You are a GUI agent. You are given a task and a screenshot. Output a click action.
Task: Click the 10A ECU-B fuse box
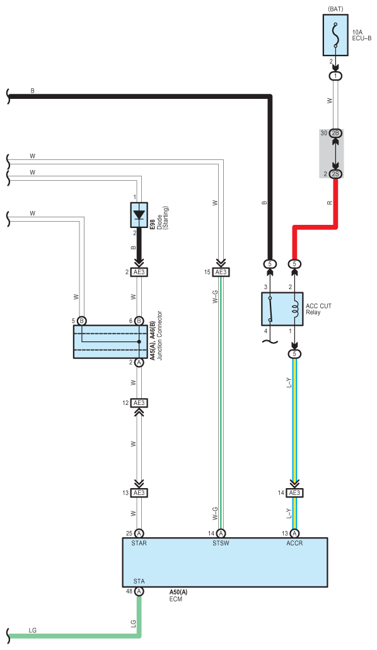coord(335,35)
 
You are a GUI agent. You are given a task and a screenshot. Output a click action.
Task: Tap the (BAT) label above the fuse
coord(335,9)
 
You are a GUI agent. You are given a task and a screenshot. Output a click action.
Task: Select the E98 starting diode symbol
coord(139,215)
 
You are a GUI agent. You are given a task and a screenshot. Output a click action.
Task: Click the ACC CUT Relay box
coord(282,309)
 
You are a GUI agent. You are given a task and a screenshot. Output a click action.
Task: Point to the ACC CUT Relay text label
coord(318,309)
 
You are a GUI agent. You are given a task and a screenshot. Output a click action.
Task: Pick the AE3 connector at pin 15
coord(221,272)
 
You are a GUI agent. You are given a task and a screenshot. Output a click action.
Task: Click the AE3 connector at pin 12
coord(139,403)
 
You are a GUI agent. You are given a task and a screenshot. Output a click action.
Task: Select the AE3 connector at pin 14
coord(294,493)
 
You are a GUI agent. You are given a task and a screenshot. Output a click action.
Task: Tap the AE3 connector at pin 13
coord(139,493)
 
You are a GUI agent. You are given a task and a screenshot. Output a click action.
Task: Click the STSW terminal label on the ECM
coord(221,543)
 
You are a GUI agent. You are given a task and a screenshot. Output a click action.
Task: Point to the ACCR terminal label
coord(294,543)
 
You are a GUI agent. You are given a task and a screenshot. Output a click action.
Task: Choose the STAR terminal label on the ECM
coord(139,543)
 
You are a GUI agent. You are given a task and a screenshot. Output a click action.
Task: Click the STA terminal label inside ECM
coord(139,581)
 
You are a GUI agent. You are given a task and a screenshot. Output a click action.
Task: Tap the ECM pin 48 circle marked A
coord(139,591)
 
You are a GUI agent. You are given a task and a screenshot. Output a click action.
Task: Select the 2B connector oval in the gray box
coord(335,133)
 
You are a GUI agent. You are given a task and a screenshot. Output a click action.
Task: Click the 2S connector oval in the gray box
coord(335,174)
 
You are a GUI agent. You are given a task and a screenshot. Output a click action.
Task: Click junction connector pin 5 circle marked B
coord(82,321)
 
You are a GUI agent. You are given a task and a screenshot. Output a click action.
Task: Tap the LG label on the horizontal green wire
coord(32,630)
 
